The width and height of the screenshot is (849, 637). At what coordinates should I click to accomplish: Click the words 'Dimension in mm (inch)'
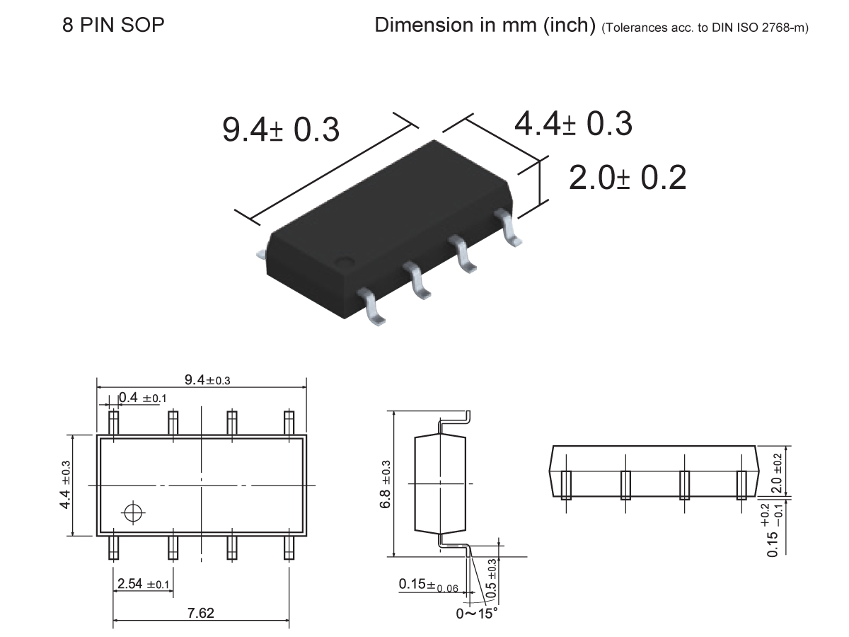point(485,25)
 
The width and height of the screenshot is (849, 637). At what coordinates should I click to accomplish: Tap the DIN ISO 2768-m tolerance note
point(705,28)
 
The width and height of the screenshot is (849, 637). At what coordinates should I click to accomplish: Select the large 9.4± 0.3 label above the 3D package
point(281,130)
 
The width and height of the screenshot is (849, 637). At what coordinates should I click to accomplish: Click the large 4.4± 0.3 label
point(573,124)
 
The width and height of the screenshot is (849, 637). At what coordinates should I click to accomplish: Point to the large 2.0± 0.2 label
point(628,178)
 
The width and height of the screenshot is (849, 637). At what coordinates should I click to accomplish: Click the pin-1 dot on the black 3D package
point(345,261)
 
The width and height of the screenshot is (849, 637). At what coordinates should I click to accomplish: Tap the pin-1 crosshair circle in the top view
point(132,512)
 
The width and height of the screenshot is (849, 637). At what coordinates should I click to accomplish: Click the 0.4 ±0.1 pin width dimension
point(142,398)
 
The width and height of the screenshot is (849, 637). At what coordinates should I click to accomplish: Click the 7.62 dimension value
point(200,613)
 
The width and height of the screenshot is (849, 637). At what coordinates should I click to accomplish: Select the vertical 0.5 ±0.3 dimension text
point(492,575)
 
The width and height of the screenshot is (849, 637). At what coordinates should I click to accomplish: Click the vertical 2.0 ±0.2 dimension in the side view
point(776,472)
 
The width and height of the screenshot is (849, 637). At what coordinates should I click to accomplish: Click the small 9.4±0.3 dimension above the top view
point(207,380)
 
